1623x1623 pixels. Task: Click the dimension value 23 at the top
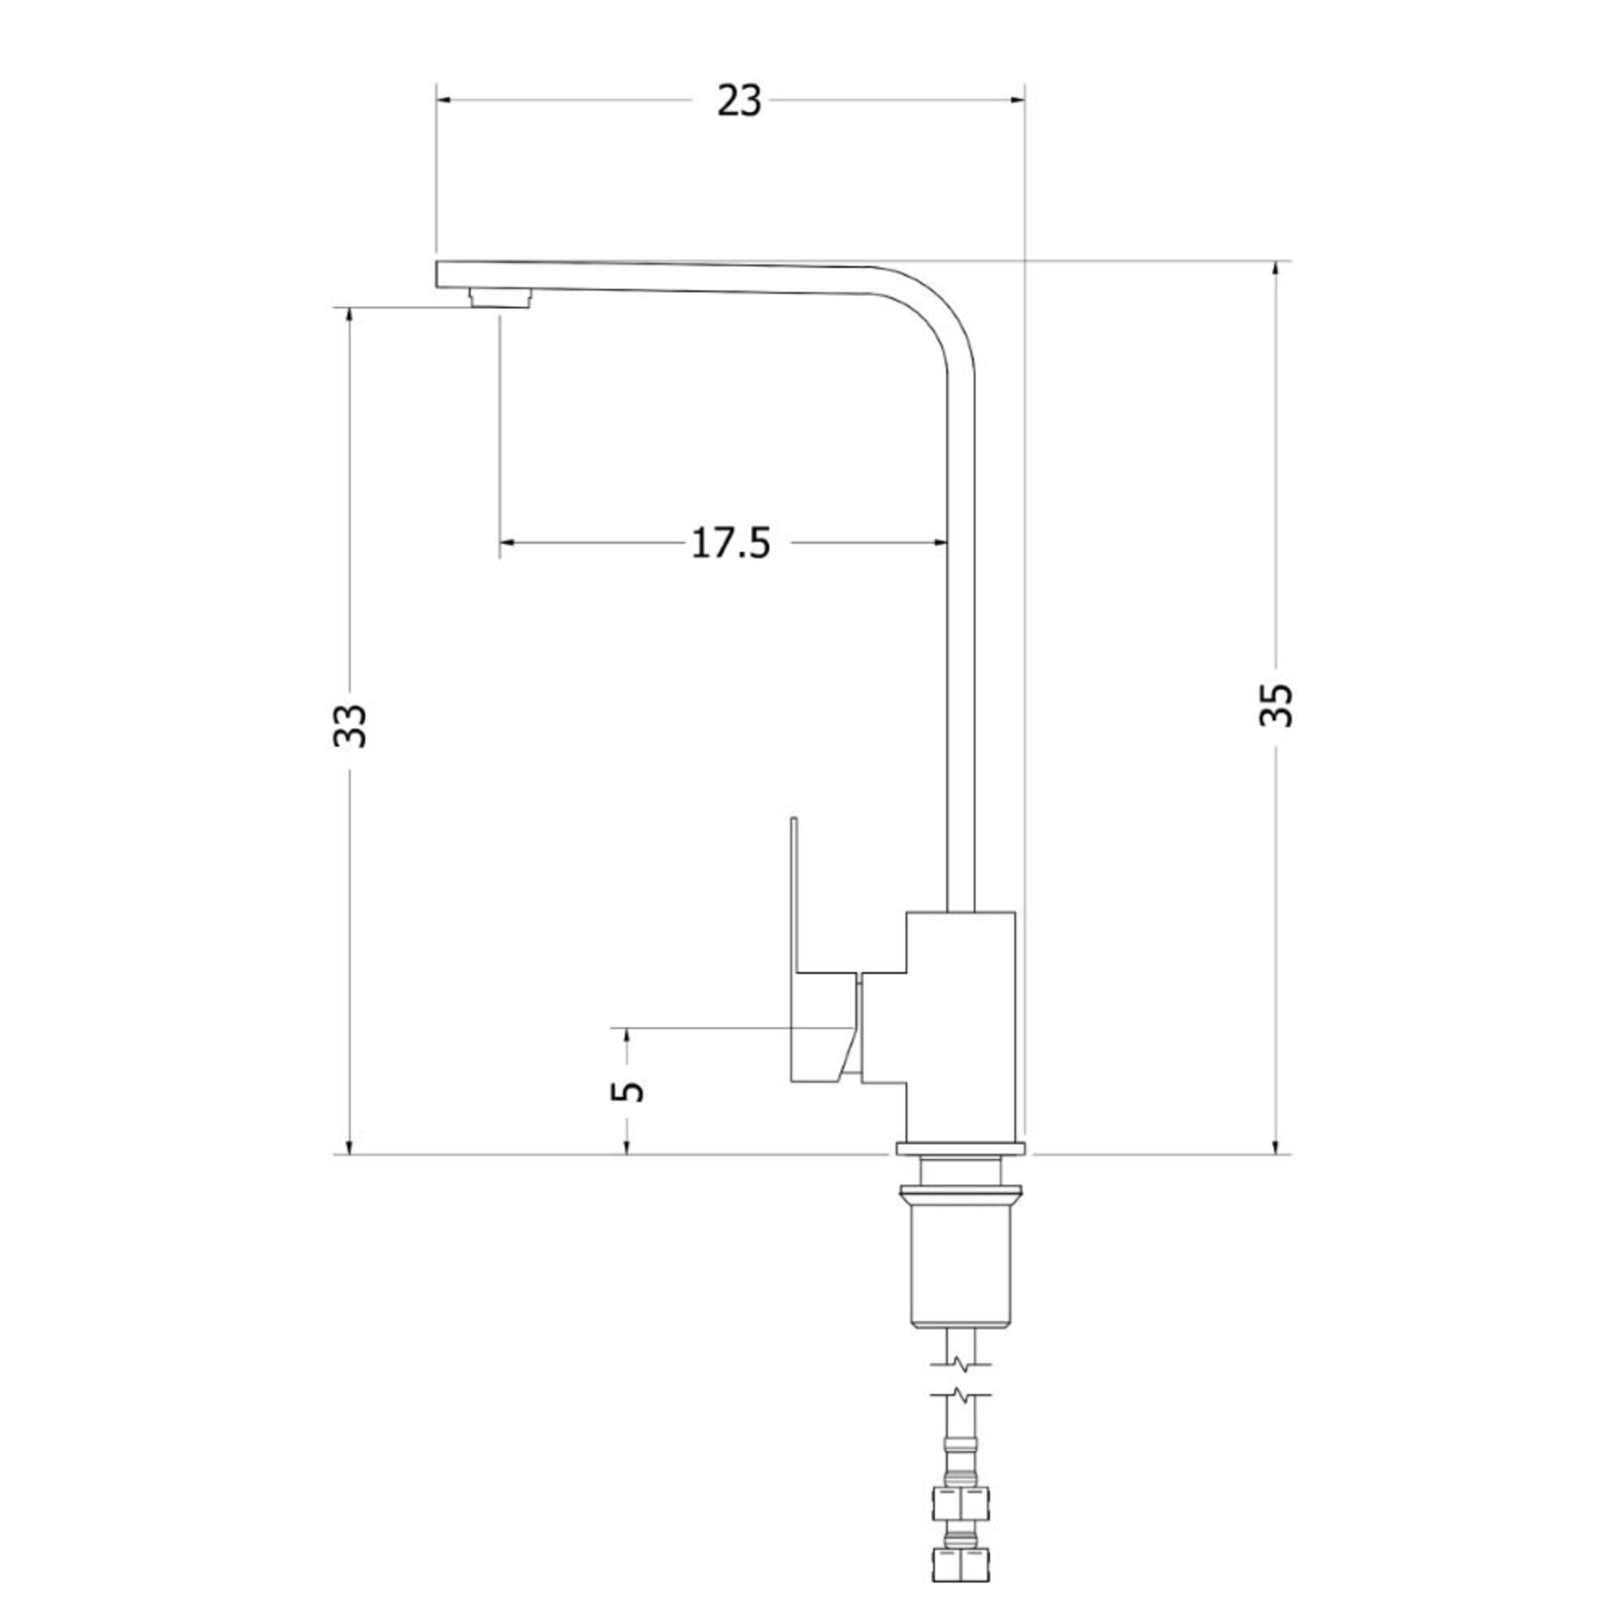739,101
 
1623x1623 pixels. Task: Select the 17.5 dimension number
730,544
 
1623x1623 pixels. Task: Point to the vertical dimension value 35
1276,704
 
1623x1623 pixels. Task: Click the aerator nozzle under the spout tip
501,298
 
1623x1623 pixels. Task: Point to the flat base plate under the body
961,1148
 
